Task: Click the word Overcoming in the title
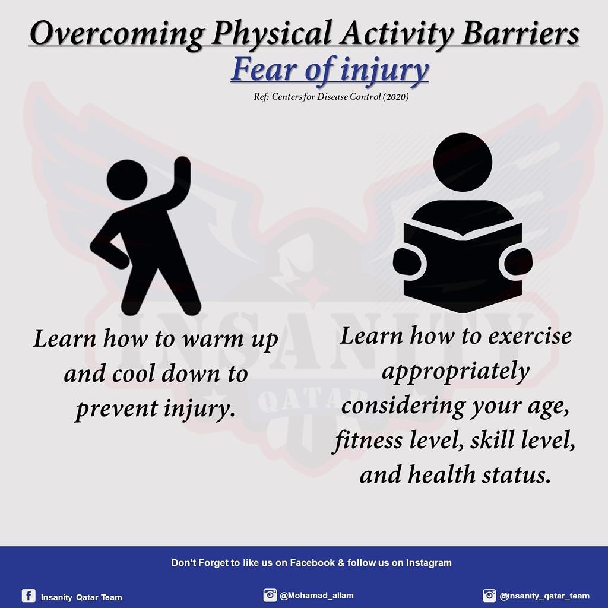click(x=117, y=34)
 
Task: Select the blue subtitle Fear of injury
click(x=330, y=69)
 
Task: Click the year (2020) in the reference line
click(x=395, y=97)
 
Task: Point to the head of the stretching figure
click(x=127, y=179)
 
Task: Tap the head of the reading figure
click(x=463, y=162)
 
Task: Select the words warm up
click(x=230, y=339)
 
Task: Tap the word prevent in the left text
click(x=116, y=409)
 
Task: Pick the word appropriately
click(x=455, y=372)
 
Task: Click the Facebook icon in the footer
click(x=28, y=595)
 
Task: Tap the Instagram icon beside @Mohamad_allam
click(x=270, y=595)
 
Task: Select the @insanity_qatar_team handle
click(x=544, y=596)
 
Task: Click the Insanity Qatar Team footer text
click(x=81, y=597)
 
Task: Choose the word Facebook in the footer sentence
click(x=312, y=563)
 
